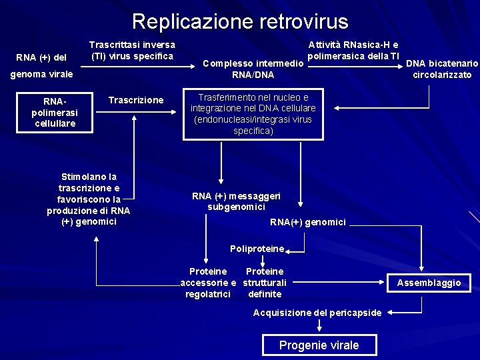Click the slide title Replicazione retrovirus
pyautogui.click(x=240, y=21)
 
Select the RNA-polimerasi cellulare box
pyautogui.click(x=55, y=113)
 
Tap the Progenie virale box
pyautogui.click(x=319, y=345)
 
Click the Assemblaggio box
pyautogui.click(x=429, y=283)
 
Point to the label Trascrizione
pyautogui.click(x=136, y=100)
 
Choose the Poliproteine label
pyautogui.click(x=257, y=249)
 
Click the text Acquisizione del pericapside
pyautogui.click(x=317, y=313)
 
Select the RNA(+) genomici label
pyautogui.click(x=307, y=222)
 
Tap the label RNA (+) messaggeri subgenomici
pyautogui.click(x=236, y=201)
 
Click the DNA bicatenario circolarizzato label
pyautogui.click(x=442, y=69)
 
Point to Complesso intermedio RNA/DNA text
pyautogui.click(x=253, y=69)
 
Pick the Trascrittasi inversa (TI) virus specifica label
pyautogui.click(x=132, y=50)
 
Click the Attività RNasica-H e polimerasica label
pyautogui.click(x=353, y=50)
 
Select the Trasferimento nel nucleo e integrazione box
pyautogui.click(x=253, y=114)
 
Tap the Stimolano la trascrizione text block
pyautogui.click(x=89, y=199)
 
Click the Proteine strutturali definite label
pyautogui.click(x=265, y=283)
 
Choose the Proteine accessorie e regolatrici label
pyautogui.click(x=207, y=283)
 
